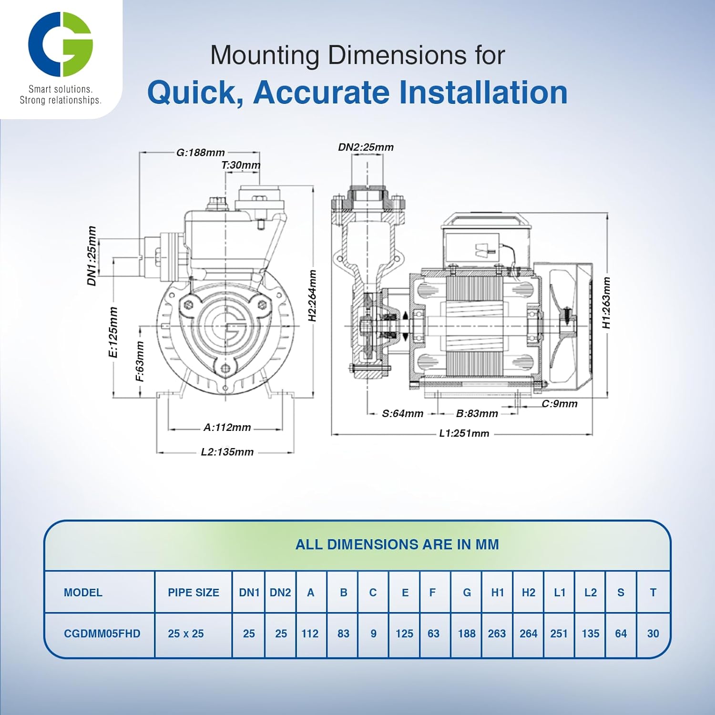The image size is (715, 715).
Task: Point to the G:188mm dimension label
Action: click(x=200, y=153)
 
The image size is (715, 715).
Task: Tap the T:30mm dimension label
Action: click(x=241, y=165)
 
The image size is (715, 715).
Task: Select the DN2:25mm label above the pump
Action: click(x=366, y=147)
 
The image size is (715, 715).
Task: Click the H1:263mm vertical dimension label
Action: click(x=606, y=303)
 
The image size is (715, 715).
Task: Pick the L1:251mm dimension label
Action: click(x=464, y=433)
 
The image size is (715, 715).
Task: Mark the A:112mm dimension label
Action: click(x=227, y=428)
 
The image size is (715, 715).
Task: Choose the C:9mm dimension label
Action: click(x=559, y=404)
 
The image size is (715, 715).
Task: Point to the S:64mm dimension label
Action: click(x=402, y=413)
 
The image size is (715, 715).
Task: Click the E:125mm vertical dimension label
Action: click(x=113, y=332)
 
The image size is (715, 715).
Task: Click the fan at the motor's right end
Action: click(x=565, y=324)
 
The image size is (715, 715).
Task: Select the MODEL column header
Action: click(x=83, y=592)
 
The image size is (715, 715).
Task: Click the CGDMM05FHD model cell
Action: click(x=102, y=633)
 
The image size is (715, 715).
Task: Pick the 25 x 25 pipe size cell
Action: click(x=185, y=633)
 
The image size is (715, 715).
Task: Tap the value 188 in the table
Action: click(x=467, y=633)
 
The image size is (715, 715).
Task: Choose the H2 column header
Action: click(x=528, y=592)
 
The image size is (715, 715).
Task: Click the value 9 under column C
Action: click(x=373, y=633)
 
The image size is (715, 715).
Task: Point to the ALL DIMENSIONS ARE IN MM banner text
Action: click(x=397, y=544)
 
